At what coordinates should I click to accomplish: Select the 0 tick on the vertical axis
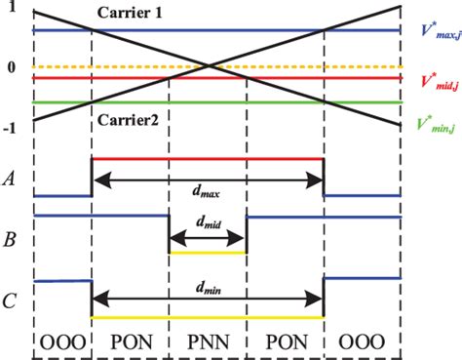coord(12,67)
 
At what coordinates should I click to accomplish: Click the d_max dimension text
coord(207,194)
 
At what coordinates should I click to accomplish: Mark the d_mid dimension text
coord(208,224)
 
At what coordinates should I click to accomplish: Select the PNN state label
coord(208,342)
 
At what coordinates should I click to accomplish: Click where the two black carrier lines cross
coord(208,67)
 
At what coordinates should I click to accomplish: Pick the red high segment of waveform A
coord(207,158)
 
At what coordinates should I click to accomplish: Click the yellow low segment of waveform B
coord(208,252)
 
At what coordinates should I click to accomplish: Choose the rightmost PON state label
coord(285,342)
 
